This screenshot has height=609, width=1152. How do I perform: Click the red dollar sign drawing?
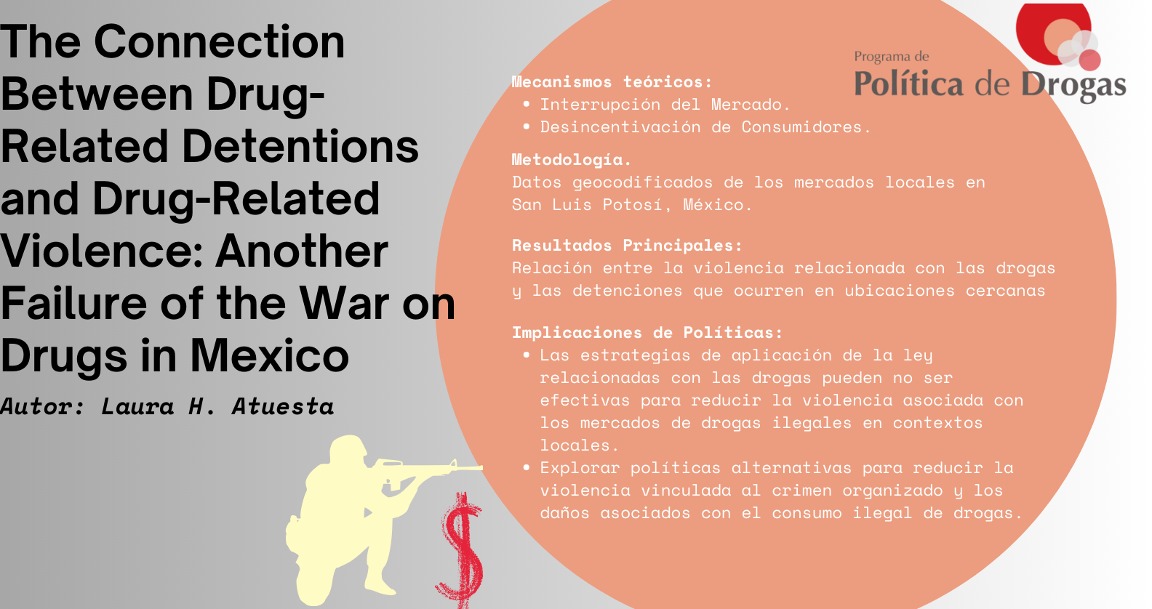coord(460,550)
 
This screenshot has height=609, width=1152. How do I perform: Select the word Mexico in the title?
coord(270,355)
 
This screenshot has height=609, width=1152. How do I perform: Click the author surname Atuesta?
coord(283,406)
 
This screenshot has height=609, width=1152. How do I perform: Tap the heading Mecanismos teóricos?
coord(612,81)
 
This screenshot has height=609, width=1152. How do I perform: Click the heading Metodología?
coord(572,160)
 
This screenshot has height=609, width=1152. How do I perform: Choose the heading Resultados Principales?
coord(627,245)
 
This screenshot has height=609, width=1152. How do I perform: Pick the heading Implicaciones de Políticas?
coord(647,333)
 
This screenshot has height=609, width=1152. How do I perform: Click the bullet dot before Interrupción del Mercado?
coord(526,105)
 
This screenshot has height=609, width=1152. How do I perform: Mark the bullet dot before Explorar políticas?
coord(526,468)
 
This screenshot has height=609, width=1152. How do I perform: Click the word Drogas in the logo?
coord(1073,85)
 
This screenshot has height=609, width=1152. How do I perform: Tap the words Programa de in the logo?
coord(891,57)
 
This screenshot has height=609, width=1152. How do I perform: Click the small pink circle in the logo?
coord(1089,60)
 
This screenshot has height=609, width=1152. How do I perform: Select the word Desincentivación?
coord(620,127)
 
